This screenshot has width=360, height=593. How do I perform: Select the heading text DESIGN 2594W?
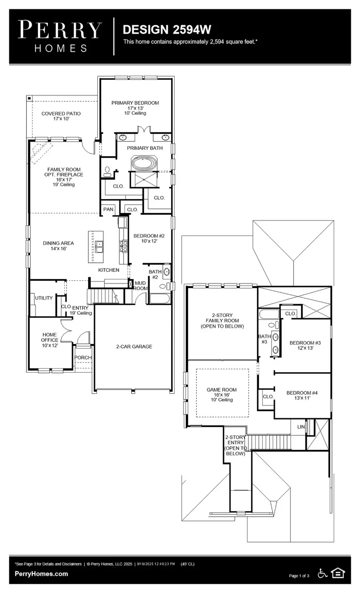point(167,30)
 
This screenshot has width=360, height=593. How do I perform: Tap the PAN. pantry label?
point(108,209)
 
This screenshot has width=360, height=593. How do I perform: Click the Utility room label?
point(44,298)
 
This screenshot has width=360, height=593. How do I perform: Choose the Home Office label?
point(50,339)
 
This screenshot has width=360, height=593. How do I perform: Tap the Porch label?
point(83,357)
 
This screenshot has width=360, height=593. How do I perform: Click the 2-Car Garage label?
point(134,346)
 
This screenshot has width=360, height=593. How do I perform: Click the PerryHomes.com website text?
point(41,574)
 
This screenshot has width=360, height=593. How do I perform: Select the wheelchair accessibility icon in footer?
point(322,573)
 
